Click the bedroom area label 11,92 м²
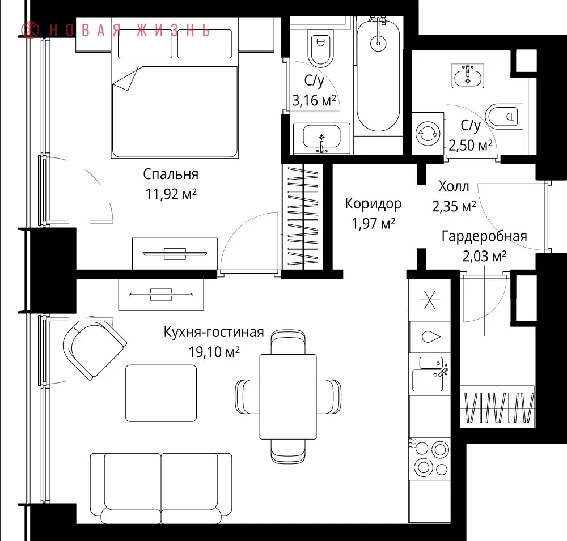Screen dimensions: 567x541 (171, 194)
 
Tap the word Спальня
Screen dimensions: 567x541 (171, 174)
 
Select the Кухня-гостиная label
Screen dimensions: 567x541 (214, 332)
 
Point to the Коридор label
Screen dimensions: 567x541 (373, 204)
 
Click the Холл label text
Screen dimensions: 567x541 (454, 186)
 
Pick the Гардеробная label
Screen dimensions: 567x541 (484, 237)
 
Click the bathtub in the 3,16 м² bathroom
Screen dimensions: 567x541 (378, 74)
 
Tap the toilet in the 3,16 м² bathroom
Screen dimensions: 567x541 (320, 48)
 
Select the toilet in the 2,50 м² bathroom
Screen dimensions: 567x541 (504, 116)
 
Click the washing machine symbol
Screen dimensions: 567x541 (428, 133)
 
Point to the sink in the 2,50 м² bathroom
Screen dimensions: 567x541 (468, 76)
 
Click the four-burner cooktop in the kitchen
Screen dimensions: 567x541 (430, 459)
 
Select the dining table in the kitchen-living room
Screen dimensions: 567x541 (288, 397)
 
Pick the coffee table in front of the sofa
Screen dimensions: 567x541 (161, 393)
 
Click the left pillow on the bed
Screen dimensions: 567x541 (145, 44)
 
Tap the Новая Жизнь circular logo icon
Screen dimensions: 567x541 (30, 30)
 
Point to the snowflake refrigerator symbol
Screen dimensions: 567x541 (430, 300)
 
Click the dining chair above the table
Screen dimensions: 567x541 (288, 342)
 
